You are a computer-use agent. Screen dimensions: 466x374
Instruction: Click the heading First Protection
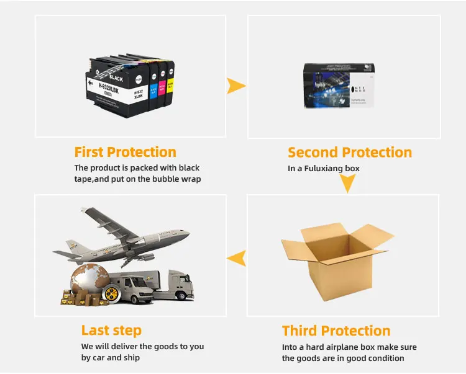125,152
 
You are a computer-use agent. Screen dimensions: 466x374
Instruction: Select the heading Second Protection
349,153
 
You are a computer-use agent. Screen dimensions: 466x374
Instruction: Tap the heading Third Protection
336,331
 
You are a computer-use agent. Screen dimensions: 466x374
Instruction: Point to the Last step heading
111,331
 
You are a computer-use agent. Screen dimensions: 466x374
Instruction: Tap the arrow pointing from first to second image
235,86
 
